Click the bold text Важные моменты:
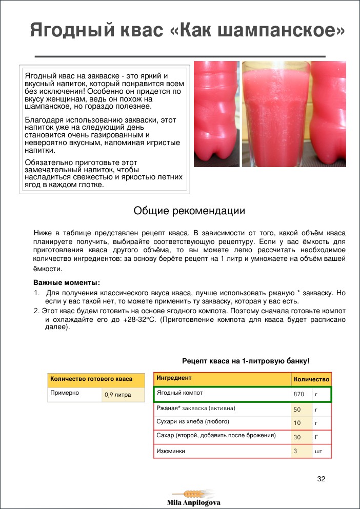point(67,282)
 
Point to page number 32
point(322,479)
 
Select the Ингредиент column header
point(174,378)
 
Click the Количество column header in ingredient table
point(311,379)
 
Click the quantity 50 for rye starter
point(297,410)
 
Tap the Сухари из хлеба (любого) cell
point(192,421)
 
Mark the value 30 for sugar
point(297,437)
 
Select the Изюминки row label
point(170,451)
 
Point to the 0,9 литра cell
point(117,395)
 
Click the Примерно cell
point(64,394)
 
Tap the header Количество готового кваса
point(91,379)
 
